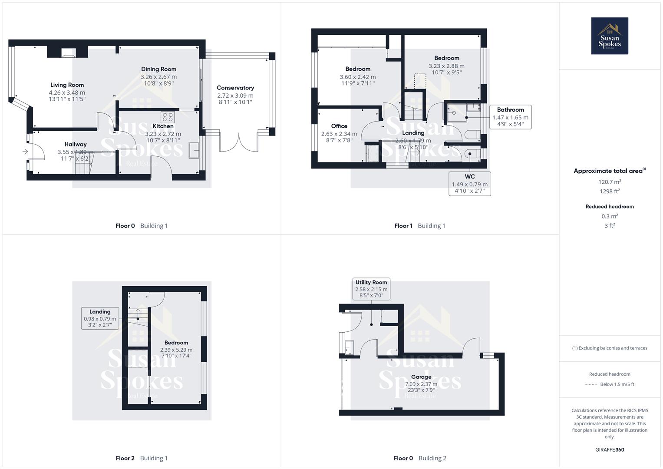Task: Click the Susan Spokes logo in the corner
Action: point(609,36)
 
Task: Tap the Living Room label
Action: point(67,85)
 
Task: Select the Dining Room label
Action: point(158,69)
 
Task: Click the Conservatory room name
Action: point(235,88)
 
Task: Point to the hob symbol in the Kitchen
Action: point(168,117)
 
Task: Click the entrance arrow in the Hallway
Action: point(25,152)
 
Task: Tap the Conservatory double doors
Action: point(239,143)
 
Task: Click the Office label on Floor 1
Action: point(339,126)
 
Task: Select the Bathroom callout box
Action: point(510,117)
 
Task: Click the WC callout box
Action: point(469,183)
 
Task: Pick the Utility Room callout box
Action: point(371,289)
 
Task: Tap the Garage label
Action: point(421,377)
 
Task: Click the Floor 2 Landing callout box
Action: point(100,318)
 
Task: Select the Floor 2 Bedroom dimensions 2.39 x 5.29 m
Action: point(176,350)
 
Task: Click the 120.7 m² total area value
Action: point(610,182)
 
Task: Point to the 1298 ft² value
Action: point(610,191)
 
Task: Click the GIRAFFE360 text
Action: point(610,449)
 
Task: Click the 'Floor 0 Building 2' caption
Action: point(420,458)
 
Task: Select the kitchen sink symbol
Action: point(194,150)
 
